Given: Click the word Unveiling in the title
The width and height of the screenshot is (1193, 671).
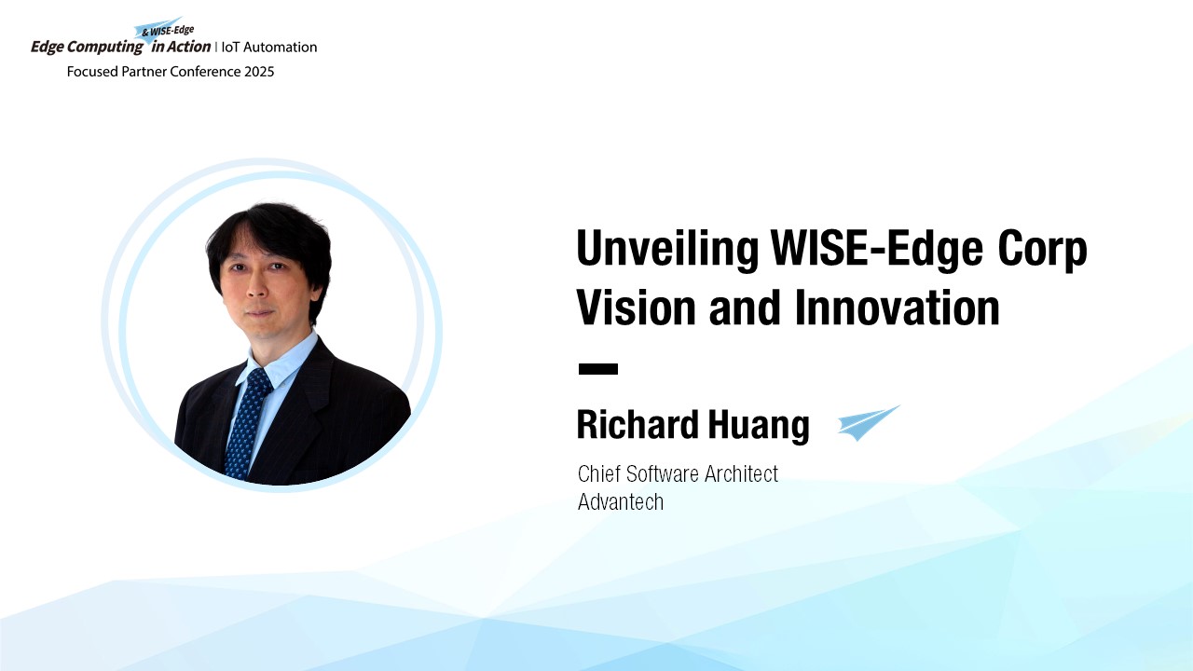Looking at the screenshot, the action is click(667, 249).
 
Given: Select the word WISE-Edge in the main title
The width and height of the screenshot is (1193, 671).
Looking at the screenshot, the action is click(877, 249).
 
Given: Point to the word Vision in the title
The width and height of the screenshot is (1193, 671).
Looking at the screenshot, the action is click(637, 308).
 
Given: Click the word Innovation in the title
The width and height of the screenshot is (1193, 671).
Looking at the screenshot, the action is click(897, 308).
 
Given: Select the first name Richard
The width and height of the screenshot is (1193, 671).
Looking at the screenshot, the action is click(638, 424).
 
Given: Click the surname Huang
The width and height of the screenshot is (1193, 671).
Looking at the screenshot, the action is click(759, 426).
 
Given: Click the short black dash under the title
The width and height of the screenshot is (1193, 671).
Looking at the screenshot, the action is click(598, 368).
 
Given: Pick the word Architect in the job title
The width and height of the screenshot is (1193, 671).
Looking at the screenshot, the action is click(741, 473).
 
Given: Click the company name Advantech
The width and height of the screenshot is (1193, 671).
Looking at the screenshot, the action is click(621, 501).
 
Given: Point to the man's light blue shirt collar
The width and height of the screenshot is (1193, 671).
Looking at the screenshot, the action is click(281, 358).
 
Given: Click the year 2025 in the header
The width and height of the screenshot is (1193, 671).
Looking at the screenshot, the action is click(259, 72).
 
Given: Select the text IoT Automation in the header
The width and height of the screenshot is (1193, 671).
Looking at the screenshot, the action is click(269, 47).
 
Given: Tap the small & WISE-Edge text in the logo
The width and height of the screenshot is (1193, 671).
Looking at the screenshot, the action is click(168, 31).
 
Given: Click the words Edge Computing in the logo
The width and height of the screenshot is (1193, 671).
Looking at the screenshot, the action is click(87, 48).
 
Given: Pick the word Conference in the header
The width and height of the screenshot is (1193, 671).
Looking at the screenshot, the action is click(206, 72).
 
